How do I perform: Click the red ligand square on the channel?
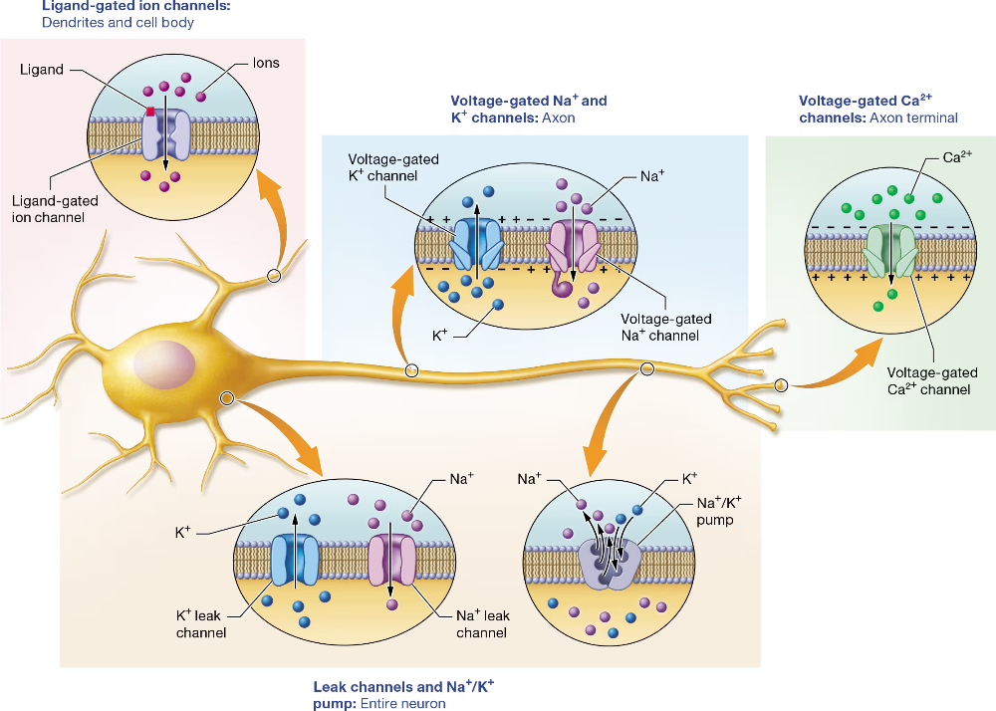pyautogui.click(x=150, y=111)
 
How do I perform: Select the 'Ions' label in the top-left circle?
pyautogui.click(x=266, y=63)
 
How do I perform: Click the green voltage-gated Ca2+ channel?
pyautogui.click(x=891, y=250)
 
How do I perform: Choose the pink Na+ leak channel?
pyautogui.click(x=393, y=560)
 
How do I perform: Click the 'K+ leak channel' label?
pyautogui.click(x=201, y=623)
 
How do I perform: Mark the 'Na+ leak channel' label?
pyautogui.click(x=482, y=623)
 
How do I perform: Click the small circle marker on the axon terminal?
pyautogui.click(x=781, y=385)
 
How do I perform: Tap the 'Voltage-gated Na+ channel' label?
pyautogui.click(x=666, y=327)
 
